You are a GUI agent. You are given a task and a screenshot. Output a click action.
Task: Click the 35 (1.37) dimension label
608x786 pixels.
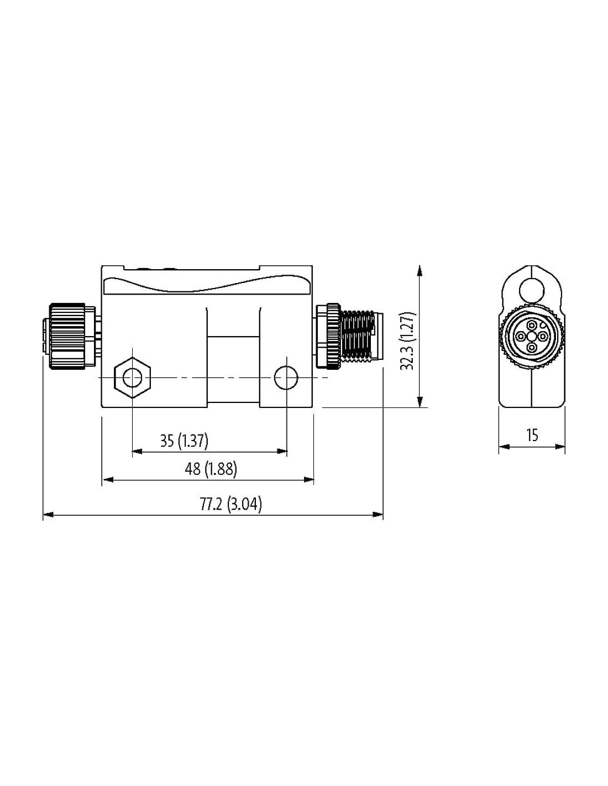click(x=184, y=441)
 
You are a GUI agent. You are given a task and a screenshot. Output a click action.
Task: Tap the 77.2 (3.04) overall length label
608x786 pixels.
click(x=230, y=504)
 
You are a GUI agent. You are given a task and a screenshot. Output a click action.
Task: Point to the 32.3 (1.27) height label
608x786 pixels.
click(x=408, y=340)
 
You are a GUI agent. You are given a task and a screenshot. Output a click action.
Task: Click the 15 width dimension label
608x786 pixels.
click(x=532, y=435)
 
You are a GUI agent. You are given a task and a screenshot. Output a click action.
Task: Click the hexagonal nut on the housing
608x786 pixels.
click(x=132, y=378)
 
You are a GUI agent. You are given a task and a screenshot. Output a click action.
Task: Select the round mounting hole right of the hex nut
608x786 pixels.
click(x=286, y=378)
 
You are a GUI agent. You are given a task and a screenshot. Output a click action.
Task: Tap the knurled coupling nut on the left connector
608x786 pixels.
click(x=67, y=337)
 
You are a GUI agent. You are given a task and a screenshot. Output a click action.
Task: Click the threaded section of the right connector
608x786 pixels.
click(x=358, y=336)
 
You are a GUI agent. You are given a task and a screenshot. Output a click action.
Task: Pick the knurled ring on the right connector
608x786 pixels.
click(x=328, y=337)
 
